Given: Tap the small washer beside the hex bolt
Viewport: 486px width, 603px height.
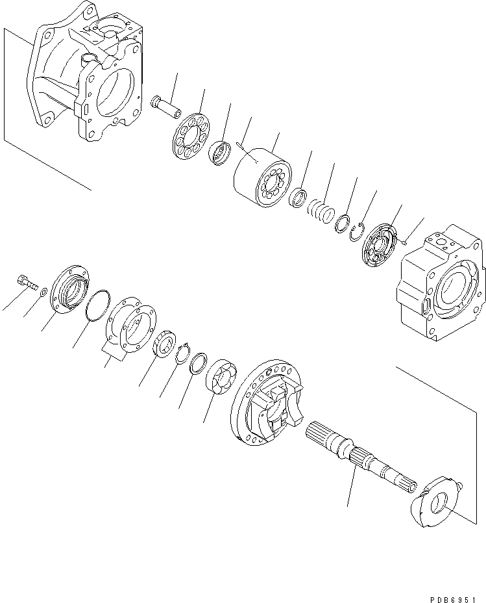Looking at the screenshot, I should click(42, 293).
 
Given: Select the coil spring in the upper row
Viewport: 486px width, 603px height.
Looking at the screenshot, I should click(321, 211).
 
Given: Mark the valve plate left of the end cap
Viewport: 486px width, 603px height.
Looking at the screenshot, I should click(378, 246).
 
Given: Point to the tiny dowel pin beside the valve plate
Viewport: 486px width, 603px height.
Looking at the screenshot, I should click(404, 242).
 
